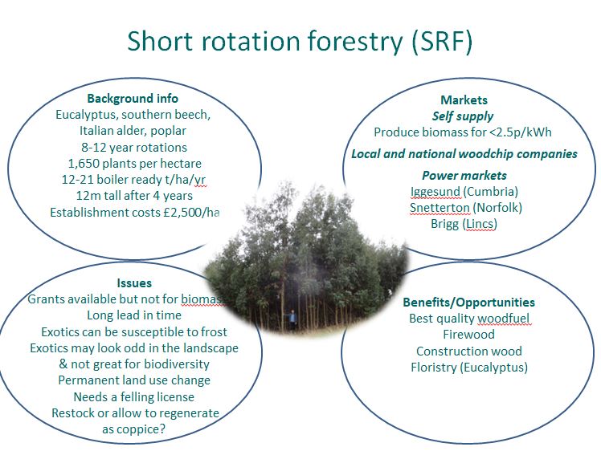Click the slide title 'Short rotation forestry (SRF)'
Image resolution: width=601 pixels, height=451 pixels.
point(300,41)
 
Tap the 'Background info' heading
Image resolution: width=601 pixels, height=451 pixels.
point(133,99)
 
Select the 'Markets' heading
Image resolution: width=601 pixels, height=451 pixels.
point(464,100)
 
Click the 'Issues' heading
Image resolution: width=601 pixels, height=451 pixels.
point(134,283)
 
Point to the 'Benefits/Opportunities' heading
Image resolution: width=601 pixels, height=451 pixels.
point(468,302)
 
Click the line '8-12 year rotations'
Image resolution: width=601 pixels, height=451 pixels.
point(134,148)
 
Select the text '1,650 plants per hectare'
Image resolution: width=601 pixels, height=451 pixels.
point(134,164)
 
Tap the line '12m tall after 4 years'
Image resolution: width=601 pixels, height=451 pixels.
point(134,196)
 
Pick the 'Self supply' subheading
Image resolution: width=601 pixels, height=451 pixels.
point(463,116)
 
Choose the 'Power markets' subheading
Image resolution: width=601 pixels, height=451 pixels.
point(464,176)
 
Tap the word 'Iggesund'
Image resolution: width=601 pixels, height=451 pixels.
point(435,192)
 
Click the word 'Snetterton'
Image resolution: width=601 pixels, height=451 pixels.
point(440,208)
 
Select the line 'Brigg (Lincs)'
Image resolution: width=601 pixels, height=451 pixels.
point(464,224)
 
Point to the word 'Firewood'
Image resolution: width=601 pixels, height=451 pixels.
point(468,334)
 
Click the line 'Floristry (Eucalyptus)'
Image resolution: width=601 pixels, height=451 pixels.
point(469,368)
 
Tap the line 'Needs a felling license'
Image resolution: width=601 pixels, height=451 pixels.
point(133,396)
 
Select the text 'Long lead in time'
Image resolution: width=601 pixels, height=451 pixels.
point(134,315)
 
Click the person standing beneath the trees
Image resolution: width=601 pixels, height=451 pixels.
point(292,320)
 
